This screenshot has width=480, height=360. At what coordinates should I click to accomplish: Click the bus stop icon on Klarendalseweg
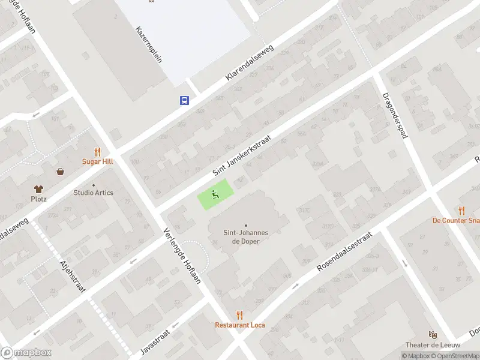[x=184, y=100]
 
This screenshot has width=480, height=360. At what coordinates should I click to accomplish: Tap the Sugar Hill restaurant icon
[x=97, y=152]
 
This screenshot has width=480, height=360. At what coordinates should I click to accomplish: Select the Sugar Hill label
[x=97, y=161]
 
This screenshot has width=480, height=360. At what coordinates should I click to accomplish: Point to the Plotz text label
[x=39, y=199]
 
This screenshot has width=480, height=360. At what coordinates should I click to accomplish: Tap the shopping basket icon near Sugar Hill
[x=61, y=172]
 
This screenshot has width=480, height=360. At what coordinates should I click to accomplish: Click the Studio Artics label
[x=93, y=193]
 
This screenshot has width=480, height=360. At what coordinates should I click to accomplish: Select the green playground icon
[x=214, y=194]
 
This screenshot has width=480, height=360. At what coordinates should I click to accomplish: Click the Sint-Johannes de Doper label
[x=245, y=236]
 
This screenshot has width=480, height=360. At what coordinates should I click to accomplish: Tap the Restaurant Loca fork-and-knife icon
[x=240, y=315]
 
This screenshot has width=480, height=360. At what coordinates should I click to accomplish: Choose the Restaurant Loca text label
[x=240, y=325]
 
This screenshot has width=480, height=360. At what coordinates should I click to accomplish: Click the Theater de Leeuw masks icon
[x=432, y=334]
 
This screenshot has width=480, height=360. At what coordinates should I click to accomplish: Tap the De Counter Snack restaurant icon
[x=461, y=211]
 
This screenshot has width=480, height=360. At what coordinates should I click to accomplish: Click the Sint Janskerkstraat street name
[x=242, y=155]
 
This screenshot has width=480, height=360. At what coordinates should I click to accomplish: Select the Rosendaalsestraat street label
[x=344, y=250]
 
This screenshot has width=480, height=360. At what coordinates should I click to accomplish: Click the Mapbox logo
[x=26, y=353]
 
